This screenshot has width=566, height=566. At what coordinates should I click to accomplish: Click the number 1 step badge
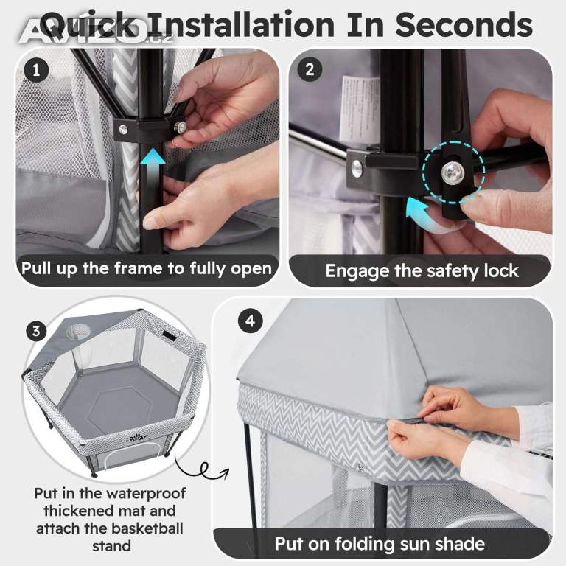[x=36, y=70]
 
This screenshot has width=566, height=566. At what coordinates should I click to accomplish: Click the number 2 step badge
[x=310, y=70]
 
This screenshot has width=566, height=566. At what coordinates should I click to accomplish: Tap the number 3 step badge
[x=36, y=331]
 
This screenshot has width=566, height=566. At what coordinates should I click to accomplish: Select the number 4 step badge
[x=250, y=321]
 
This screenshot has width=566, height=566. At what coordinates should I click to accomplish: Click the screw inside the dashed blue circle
[x=451, y=170]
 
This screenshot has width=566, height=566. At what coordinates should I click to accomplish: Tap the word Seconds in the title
[x=464, y=24]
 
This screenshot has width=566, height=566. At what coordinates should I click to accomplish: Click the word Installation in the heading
[x=242, y=24]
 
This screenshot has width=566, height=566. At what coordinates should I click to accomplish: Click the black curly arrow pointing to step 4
[x=202, y=468]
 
